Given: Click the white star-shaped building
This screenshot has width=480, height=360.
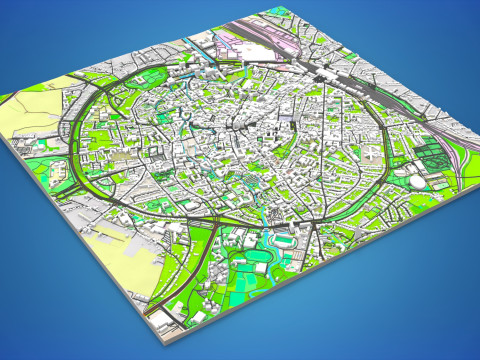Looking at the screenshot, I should [372, 153].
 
